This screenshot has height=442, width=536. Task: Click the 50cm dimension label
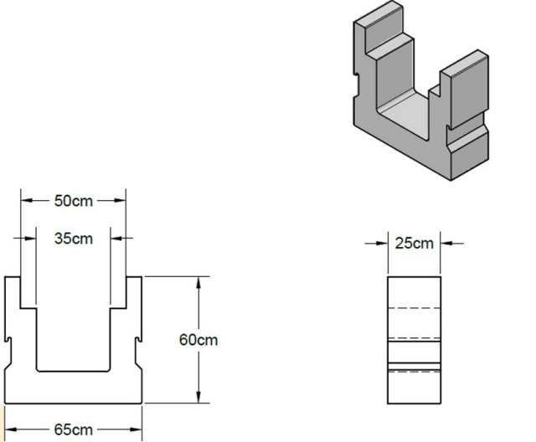click(74, 201)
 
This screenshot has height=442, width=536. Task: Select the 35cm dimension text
click(74, 238)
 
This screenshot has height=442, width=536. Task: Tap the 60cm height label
click(198, 340)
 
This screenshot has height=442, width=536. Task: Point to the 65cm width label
click(74, 430)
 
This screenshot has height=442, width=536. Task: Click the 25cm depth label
click(414, 244)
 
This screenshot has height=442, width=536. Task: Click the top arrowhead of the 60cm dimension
click(198, 281)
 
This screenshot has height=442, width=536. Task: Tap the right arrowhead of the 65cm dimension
click(137, 430)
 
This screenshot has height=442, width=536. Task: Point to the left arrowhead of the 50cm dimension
click(26, 201)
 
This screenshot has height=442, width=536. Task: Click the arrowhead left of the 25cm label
click(382, 244)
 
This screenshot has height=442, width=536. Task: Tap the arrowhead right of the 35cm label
click(114, 238)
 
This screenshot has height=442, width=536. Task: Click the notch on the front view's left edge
click(8, 341)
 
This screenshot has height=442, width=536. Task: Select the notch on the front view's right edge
click(138, 341)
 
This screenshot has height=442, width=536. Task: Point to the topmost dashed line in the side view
click(413, 311)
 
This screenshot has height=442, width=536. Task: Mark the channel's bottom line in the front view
click(73, 370)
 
